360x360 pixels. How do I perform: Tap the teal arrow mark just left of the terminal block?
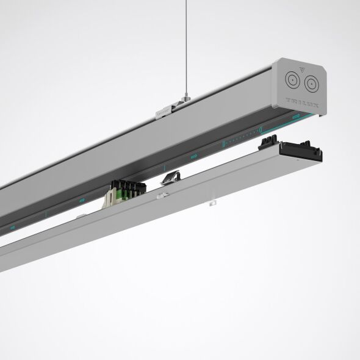[82, 200]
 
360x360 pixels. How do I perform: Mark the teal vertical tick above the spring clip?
[164, 167]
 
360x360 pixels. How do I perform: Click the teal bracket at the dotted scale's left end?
[223, 144]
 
